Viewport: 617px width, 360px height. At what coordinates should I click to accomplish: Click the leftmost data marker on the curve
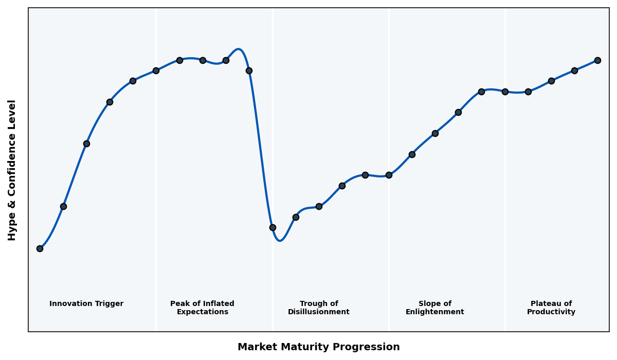[40, 248]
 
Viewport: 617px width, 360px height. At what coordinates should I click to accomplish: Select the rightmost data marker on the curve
[597, 60]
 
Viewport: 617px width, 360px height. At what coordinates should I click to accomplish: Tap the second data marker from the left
[63, 206]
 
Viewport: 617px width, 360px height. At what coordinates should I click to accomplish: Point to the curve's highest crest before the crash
[238, 49]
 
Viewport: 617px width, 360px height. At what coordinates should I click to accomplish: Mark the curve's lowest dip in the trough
[280, 240]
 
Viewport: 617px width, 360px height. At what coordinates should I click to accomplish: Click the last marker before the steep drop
[249, 70]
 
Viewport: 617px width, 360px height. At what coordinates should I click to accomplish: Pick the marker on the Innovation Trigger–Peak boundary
[156, 70]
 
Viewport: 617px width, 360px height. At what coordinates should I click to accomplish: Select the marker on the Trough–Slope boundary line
[389, 175]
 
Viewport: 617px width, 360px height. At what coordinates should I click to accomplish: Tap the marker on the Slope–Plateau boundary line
[505, 92]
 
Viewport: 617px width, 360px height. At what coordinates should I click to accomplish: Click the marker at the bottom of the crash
[273, 227]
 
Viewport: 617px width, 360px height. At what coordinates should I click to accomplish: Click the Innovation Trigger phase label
[86, 304]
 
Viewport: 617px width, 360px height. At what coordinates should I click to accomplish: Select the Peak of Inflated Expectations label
[202, 308]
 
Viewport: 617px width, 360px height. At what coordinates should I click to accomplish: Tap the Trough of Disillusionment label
[319, 308]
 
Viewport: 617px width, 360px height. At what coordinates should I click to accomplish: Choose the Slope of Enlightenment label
[435, 308]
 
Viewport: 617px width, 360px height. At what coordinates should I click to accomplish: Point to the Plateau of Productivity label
[551, 308]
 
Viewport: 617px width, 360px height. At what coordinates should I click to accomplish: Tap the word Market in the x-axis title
[256, 347]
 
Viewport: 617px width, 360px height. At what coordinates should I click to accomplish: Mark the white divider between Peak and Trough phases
[273, 154]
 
